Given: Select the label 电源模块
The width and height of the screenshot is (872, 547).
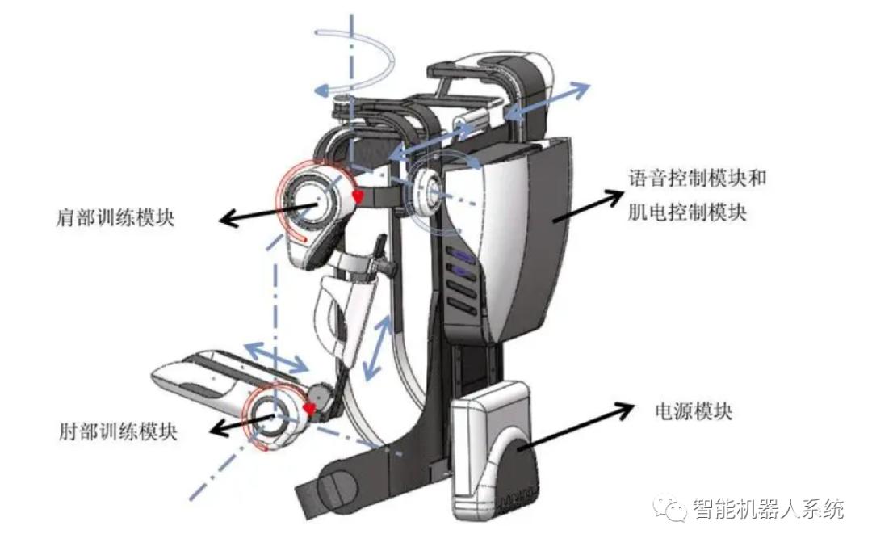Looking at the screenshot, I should (x=692, y=410).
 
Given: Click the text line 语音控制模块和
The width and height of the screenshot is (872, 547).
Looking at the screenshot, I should (x=696, y=179).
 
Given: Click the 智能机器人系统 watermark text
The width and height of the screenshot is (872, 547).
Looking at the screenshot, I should (x=768, y=509).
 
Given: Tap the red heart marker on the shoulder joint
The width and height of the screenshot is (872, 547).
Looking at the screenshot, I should (x=358, y=196).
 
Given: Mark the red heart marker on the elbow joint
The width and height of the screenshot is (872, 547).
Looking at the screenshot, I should (x=309, y=410).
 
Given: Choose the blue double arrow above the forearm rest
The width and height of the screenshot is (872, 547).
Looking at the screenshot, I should (x=276, y=356).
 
